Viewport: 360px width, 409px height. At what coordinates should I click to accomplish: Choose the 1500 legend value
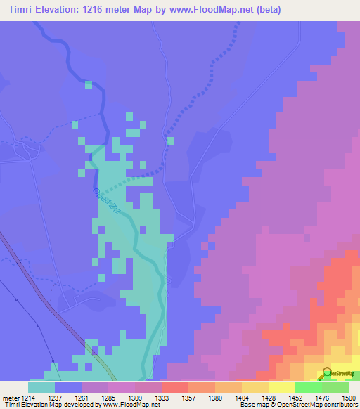(347, 397)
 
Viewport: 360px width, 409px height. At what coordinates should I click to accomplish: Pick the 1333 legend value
(161, 397)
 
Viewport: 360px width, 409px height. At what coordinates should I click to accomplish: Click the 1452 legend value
(295, 397)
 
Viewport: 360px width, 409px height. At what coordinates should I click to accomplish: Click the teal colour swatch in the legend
(41, 387)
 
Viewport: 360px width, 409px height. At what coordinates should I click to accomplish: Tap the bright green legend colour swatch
(308, 387)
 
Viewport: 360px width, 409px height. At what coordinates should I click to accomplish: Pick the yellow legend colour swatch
(281, 387)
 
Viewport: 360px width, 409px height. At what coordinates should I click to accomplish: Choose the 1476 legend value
(321, 397)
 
